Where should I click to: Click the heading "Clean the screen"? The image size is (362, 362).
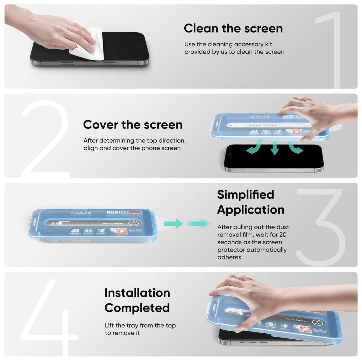click(233, 28)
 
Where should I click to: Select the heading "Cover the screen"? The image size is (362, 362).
click(133, 125)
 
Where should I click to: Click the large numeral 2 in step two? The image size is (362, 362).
click(45, 139)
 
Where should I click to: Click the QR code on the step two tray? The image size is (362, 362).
click(296, 132)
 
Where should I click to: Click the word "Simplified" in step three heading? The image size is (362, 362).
click(246, 195)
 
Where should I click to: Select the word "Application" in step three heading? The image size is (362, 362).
click(251, 210)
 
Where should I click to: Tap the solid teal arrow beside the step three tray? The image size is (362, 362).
click(174, 224)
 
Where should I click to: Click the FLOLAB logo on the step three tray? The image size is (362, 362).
click(81, 213)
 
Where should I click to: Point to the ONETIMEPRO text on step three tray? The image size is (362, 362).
click(123, 212)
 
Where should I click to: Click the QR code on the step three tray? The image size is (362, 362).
click(121, 231)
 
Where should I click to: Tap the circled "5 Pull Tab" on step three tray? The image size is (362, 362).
click(133, 223)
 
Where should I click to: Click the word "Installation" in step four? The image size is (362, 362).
click(137, 293)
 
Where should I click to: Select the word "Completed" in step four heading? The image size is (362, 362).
click(137, 308)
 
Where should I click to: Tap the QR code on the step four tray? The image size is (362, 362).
click(305, 329)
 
